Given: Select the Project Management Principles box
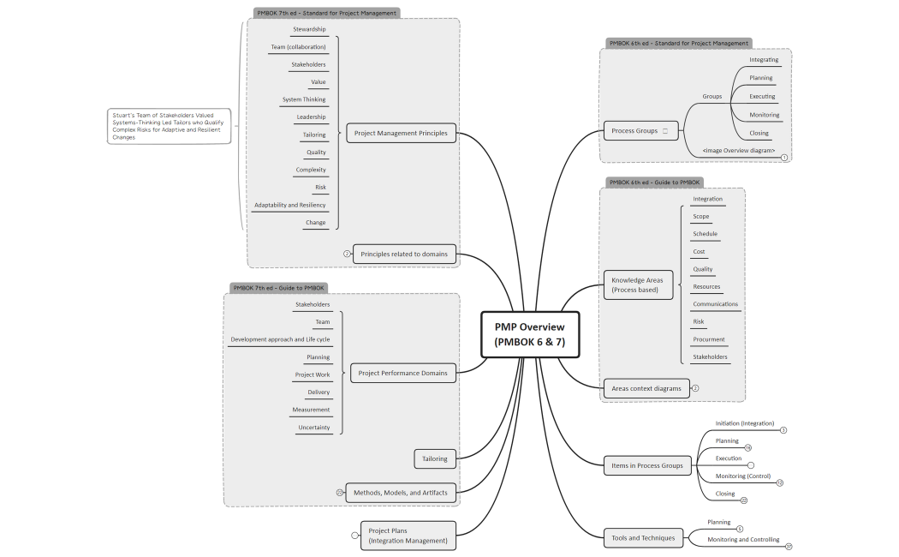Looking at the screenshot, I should pyautogui.click(x=401, y=133).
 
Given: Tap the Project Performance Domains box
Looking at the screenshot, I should pyautogui.click(x=402, y=373).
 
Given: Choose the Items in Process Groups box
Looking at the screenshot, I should pyautogui.click(x=646, y=465).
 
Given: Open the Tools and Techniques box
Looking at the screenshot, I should pyautogui.click(x=643, y=538).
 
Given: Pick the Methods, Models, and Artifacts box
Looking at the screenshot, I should pyautogui.click(x=401, y=493).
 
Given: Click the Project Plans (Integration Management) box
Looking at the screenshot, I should pyautogui.click(x=408, y=536).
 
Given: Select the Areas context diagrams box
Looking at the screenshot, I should pyautogui.click(x=646, y=388).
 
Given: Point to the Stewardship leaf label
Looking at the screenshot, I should pyautogui.click(x=309, y=29).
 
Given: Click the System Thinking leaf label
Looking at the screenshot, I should pyautogui.click(x=304, y=99).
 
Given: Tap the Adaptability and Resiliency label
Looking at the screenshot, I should pyautogui.click(x=289, y=205).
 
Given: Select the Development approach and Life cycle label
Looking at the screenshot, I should pyautogui.click(x=280, y=339).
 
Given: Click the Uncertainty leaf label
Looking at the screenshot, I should pyautogui.click(x=313, y=428).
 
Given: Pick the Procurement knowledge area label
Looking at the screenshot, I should pyautogui.click(x=709, y=339).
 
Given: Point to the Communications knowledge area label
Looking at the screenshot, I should pyautogui.click(x=715, y=304).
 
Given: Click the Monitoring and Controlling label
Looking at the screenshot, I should pyautogui.click(x=743, y=540).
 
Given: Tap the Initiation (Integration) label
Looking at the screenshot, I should pyautogui.click(x=744, y=423).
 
